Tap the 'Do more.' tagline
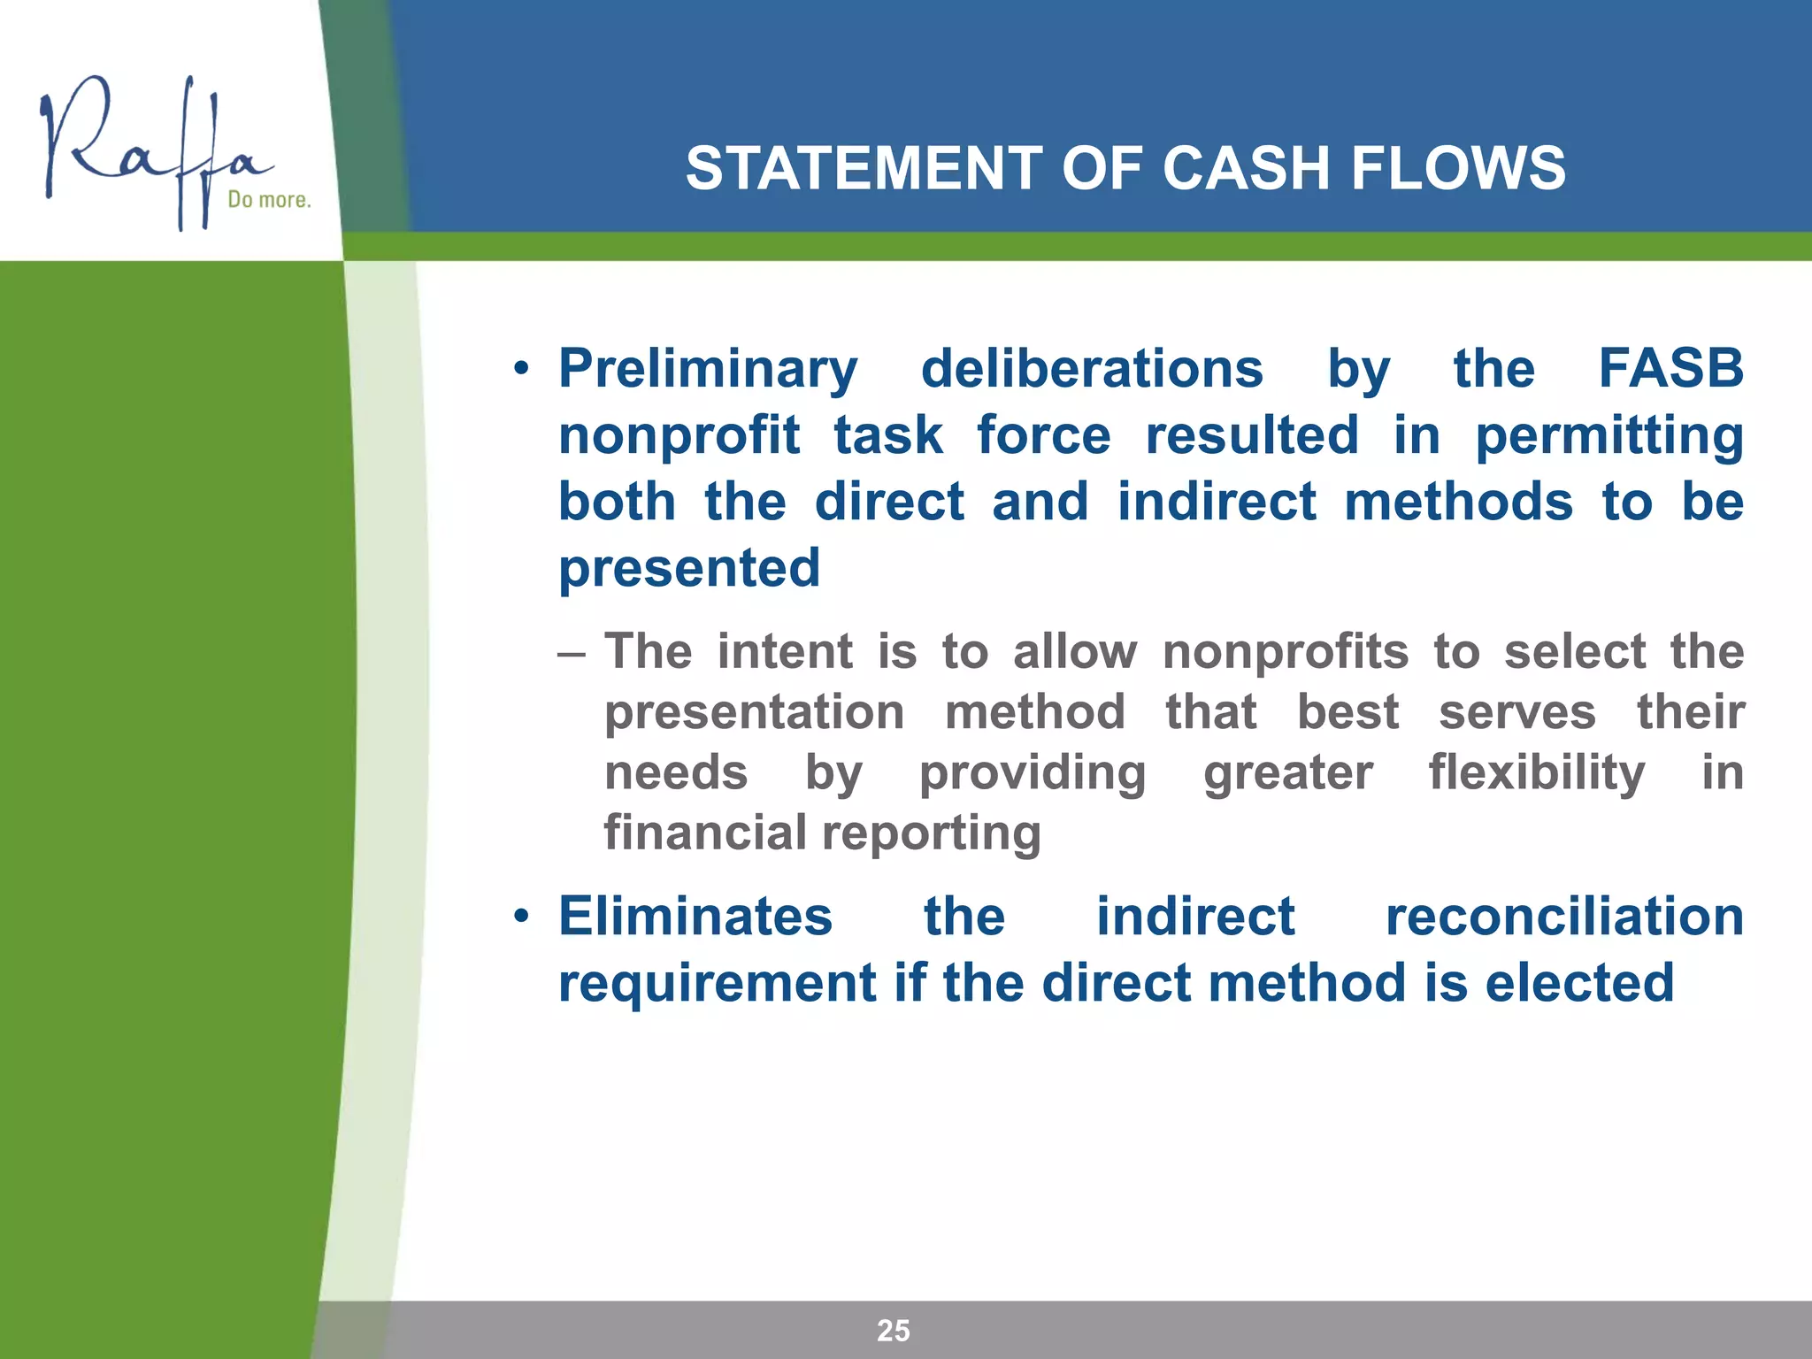[x=269, y=200]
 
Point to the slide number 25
[x=893, y=1330]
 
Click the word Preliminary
[x=708, y=369]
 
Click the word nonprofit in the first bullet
[x=679, y=435]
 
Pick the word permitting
[x=1609, y=435]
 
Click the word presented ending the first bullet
[x=689, y=568]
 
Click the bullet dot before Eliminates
[x=522, y=917]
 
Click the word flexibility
[x=1537, y=772]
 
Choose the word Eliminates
[x=695, y=916]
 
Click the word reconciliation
[x=1564, y=916]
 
